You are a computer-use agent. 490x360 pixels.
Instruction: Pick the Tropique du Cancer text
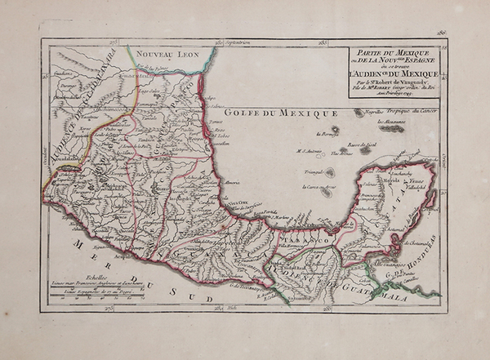(402, 112)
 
